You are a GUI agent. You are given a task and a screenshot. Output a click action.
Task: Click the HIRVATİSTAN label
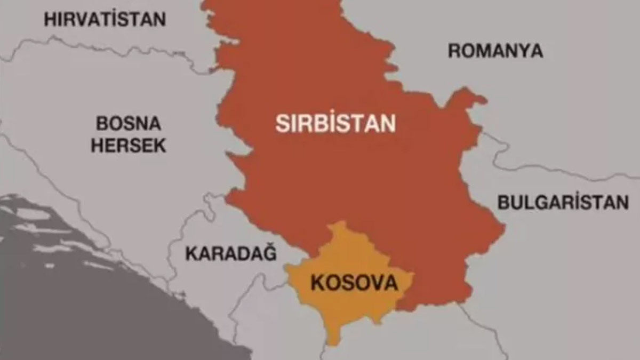pyautogui.click(x=105, y=20)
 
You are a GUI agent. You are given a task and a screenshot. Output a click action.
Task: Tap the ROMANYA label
pyautogui.click(x=495, y=51)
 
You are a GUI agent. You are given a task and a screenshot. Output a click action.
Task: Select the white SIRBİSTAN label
pyautogui.click(x=335, y=124)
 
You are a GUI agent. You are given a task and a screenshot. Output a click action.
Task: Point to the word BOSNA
pyautogui.click(x=129, y=124)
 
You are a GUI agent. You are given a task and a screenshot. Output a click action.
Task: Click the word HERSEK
pyautogui.click(x=129, y=146)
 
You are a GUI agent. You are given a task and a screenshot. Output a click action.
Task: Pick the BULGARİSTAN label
pyautogui.click(x=563, y=203)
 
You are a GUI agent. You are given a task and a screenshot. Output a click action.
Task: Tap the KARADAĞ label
pyautogui.click(x=231, y=253)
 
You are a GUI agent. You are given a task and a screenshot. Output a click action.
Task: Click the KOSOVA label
pyautogui.click(x=354, y=283)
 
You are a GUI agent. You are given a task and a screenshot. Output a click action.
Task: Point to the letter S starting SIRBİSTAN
pyautogui.click(x=282, y=124)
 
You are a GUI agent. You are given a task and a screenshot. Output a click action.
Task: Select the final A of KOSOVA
pyautogui.click(x=391, y=283)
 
